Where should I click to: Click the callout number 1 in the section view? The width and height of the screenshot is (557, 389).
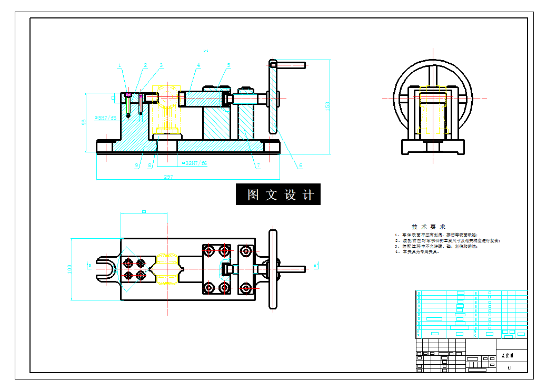tap(120, 66)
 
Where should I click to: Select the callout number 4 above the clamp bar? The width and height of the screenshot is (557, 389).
tap(199, 66)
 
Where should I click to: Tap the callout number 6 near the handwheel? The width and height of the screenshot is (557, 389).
tap(301, 166)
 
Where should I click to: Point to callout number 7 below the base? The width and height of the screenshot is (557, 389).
tap(258, 166)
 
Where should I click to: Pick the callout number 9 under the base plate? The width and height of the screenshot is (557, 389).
tap(136, 166)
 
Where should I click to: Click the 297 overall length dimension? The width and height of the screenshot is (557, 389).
tap(168, 177)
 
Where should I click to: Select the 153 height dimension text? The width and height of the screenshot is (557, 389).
tap(327, 106)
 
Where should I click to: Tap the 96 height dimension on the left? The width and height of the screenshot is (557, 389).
tap(83, 122)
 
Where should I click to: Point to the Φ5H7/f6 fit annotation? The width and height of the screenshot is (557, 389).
tap(105, 118)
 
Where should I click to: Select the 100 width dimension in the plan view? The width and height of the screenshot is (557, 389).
tap(69, 269)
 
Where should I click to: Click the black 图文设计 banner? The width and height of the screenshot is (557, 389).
tap(278, 194)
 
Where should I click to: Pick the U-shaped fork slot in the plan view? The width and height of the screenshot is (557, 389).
tap(105, 268)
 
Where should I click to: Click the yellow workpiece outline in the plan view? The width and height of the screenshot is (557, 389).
tap(168, 268)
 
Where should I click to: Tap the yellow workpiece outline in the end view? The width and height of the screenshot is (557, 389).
tap(433, 108)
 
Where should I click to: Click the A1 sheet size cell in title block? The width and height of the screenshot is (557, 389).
tap(509, 368)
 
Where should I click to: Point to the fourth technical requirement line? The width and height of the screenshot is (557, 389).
tap(417, 252)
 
